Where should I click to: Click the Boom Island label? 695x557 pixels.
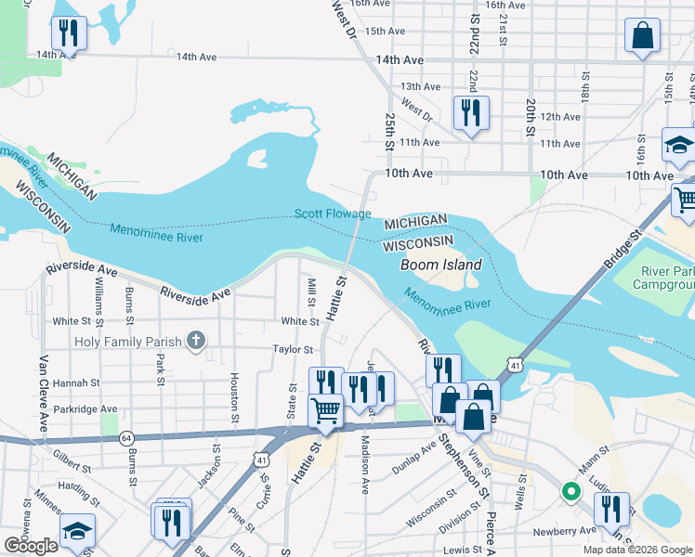pos(440,265)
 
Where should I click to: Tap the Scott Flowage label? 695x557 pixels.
pos(333,214)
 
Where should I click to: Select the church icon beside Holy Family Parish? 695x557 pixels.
pos(195,341)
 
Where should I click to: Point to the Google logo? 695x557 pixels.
pos(31,546)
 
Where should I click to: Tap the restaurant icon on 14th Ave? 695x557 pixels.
pos(69,33)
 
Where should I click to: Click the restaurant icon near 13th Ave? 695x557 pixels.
pos(471,113)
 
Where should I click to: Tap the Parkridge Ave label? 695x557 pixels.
pos(85,408)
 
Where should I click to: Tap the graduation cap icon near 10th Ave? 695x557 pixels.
pos(678,144)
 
